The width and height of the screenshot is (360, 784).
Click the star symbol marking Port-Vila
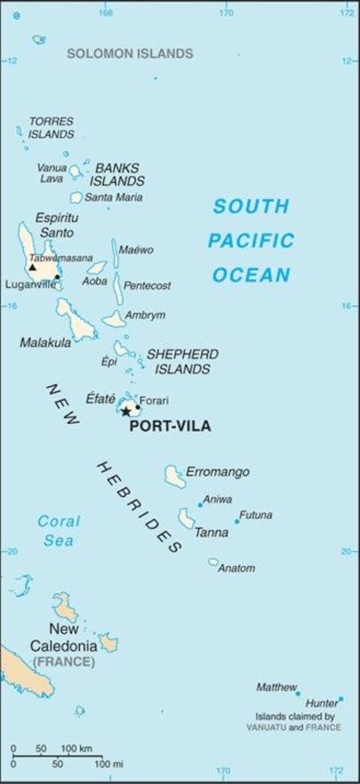tap(126, 411)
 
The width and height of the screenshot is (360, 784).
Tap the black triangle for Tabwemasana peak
tap(32, 267)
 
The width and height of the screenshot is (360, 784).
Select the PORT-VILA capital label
tap(170, 427)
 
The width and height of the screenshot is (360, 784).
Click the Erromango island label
tap(217, 472)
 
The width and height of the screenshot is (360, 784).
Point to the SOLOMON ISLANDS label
tap(130, 54)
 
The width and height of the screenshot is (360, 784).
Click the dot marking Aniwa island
tap(200, 505)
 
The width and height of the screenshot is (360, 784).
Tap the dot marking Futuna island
tap(237, 521)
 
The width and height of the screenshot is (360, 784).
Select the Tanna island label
tap(211, 532)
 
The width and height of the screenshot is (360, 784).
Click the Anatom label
tap(236, 568)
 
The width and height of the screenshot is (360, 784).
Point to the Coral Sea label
tap(59, 531)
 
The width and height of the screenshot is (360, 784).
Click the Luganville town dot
tap(57, 277)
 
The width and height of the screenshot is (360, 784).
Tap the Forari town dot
tap(138, 407)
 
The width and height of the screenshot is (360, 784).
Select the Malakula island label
tap(45, 343)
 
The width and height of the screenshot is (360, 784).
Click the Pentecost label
tap(147, 286)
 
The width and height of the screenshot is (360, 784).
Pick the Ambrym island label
tap(145, 315)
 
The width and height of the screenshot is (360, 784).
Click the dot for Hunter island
tap(341, 699)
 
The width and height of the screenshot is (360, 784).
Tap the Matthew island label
tap(277, 687)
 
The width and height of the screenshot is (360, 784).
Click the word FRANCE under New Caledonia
tap(64, 662)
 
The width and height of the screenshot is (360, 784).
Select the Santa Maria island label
tap(113, 197)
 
